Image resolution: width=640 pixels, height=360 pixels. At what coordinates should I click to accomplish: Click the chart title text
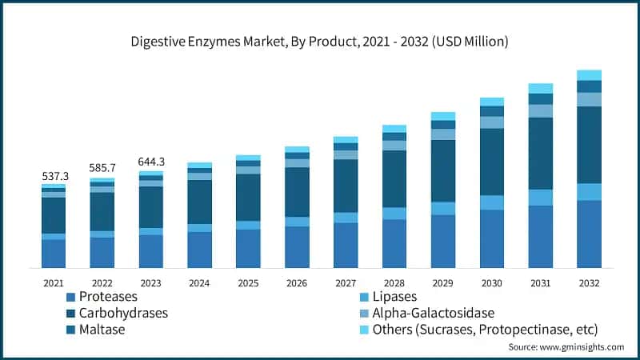click(320, 40)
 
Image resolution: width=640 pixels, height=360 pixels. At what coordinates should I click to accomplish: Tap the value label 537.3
click(54, 175)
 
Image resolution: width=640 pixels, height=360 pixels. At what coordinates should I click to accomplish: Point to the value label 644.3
click(151, 161)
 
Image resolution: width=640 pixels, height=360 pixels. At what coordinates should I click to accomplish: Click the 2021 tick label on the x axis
click(54, 283)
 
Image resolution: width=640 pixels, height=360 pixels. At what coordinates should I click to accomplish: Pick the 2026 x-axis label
click(297, 283)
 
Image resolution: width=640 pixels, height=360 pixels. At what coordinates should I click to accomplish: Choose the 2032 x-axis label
click(589, 283)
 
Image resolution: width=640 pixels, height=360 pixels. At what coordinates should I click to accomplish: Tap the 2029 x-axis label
click(442, 283)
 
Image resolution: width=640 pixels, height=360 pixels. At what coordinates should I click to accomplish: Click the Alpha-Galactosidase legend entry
click(433, 313)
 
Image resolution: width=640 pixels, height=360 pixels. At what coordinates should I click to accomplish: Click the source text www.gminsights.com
click(566, 347)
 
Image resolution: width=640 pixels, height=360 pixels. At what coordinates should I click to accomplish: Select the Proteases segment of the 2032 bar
click(589, 234)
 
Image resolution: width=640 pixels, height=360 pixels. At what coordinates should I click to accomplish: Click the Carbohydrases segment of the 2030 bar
click(491, 162)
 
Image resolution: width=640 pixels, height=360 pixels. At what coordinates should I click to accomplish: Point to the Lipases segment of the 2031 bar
click(540, 198)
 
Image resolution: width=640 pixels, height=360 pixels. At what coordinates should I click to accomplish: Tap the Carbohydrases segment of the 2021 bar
click(54, 215)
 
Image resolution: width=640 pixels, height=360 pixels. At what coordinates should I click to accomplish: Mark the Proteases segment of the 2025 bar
click(248, 248)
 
